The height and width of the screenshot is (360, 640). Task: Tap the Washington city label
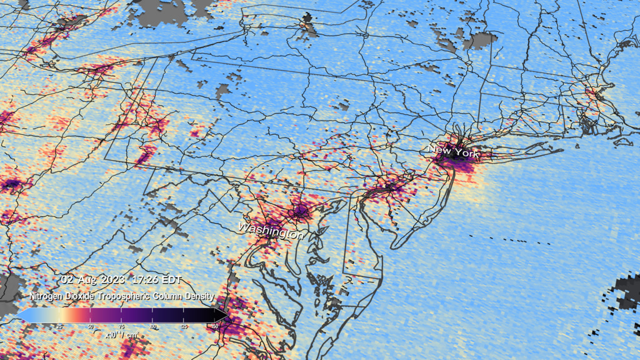(x=271, y=230)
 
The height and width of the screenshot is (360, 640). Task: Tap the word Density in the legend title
(x=199, y=296)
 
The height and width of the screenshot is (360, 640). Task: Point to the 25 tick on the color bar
(x=59, y=326)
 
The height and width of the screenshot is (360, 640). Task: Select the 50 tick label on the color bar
(x=91, y=326)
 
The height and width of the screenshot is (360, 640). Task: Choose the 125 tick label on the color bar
(x=185, y=326)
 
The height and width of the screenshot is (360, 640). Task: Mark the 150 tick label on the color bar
(x=215, y=326)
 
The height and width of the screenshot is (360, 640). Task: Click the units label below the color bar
(x=121, y=335)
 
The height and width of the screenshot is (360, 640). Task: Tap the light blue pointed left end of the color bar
(x=23, y=314)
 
